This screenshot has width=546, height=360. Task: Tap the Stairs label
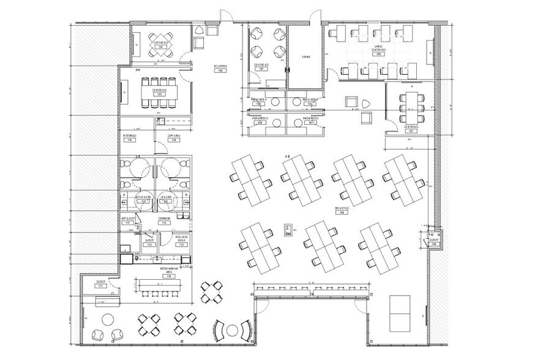pyautogui.click(x=306, y=57)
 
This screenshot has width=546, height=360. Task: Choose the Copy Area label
pyautogui.click(x=173, y=138)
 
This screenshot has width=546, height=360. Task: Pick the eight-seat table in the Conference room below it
pyautogui.click(x=160, y=83)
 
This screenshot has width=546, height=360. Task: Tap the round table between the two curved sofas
pyautogui.click(x=232, y=331)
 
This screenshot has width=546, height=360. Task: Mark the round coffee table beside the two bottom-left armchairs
pyautogui.click(x=108, y=319)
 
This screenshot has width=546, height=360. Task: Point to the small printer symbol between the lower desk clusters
pyautogui.click(x=287, y=230)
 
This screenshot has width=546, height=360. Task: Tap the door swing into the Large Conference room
pyautogui.click(x=331, y=74)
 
